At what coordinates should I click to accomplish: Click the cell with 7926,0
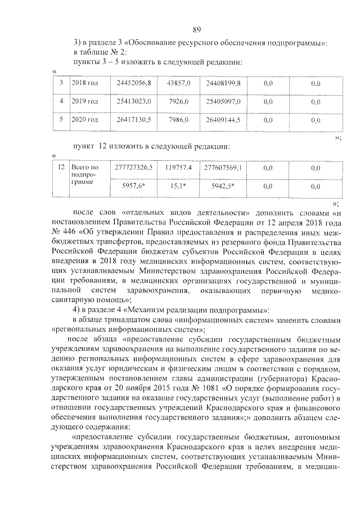[x=179, y=102]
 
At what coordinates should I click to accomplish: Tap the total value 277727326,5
[x=134, y=168]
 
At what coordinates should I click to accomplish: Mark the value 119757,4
[x=179, y=168]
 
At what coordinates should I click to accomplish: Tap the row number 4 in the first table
[x=61, y=102]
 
